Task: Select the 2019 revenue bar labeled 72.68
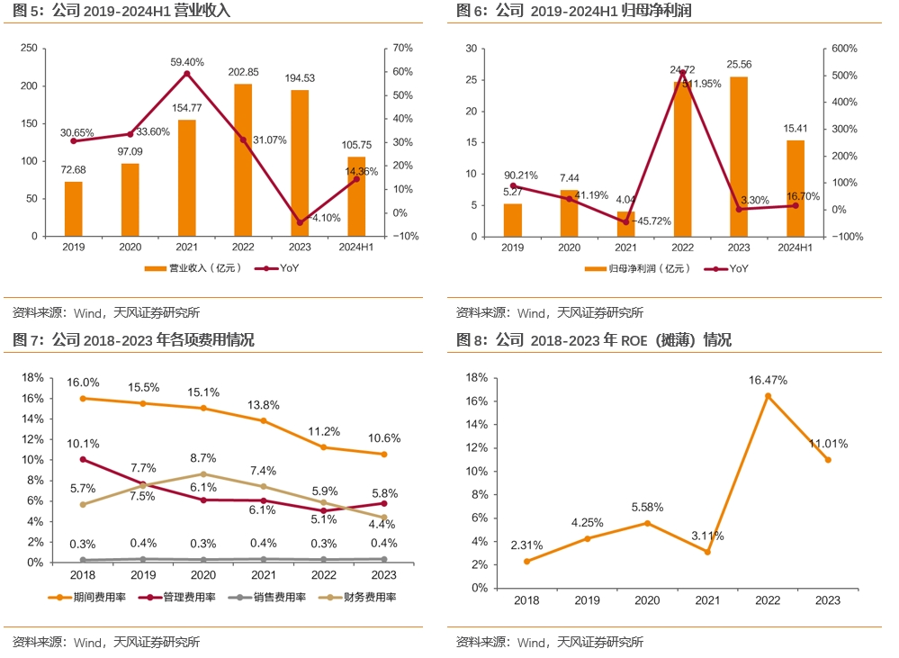(x=74, y=209)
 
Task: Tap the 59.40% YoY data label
(x=187, y=62)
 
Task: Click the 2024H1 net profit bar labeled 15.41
(x=795, y=188)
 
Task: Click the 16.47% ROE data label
(x=768, y=381)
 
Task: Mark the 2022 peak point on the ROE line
(x=768, y=396)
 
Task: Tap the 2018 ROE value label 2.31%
(x=528, y=545)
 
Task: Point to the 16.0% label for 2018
(x=83, y=383)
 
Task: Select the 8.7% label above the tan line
(x=203, y=458)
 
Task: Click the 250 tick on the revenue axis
(x=29, y=48)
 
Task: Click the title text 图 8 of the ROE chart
(x=471, y=340)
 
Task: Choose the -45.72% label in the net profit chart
(x=652, y=221)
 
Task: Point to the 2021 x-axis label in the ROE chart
(x=707, y=600)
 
